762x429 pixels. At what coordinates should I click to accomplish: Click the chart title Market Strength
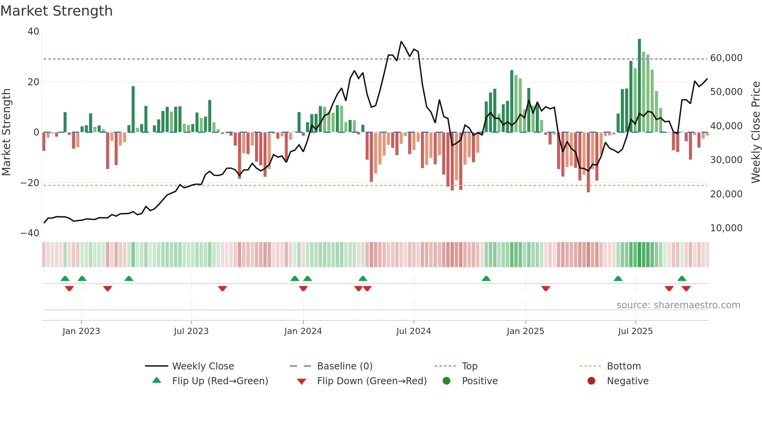click(57, 11)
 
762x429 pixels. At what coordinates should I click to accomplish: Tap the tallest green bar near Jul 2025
click(639, 86)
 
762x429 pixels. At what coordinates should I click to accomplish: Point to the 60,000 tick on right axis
click(726, 58)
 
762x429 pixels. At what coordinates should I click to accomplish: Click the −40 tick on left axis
click(30, 233)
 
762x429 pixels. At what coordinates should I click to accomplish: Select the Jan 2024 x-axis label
click(303, 331)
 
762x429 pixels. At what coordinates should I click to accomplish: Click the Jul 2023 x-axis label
click(191, 331)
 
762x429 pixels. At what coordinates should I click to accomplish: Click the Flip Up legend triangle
click(157, 380)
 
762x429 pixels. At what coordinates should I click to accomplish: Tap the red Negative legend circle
click(591, 381)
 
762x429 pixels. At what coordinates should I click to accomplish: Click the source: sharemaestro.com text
click(678, 305)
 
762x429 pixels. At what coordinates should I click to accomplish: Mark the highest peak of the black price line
click(401, 42)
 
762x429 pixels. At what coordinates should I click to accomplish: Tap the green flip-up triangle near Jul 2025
click(618, 278)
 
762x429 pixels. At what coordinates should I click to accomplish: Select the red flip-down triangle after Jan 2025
click(545, 288)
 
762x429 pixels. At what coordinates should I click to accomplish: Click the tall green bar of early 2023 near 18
click(133, 109)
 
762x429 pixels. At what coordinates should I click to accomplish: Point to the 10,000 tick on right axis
click(726, 228)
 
